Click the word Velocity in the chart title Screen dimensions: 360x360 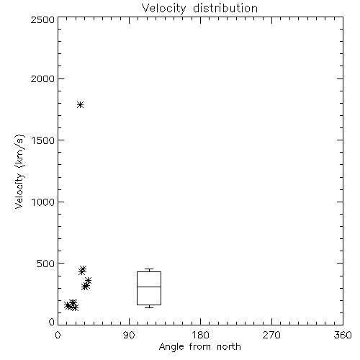164,9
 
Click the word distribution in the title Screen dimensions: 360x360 225,8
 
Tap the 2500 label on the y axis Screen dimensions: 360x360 43,19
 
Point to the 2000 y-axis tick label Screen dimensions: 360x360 43,78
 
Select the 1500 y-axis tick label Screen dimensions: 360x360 43,140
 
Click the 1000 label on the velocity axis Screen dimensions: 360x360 43,202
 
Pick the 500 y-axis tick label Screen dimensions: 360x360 46,264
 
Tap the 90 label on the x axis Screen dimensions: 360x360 129,335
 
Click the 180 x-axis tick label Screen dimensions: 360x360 200,335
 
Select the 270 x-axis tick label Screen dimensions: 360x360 271,335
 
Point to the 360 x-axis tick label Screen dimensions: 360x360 343,335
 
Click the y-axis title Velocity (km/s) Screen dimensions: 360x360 19,171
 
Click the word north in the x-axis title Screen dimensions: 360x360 229,347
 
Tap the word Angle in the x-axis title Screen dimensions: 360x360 171,347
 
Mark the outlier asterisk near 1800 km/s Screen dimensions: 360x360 80,104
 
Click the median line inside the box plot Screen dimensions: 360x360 149,287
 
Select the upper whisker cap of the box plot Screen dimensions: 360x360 149,269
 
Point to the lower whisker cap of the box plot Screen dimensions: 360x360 149,307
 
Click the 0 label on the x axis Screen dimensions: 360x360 58,335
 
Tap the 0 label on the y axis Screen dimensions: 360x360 52,322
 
